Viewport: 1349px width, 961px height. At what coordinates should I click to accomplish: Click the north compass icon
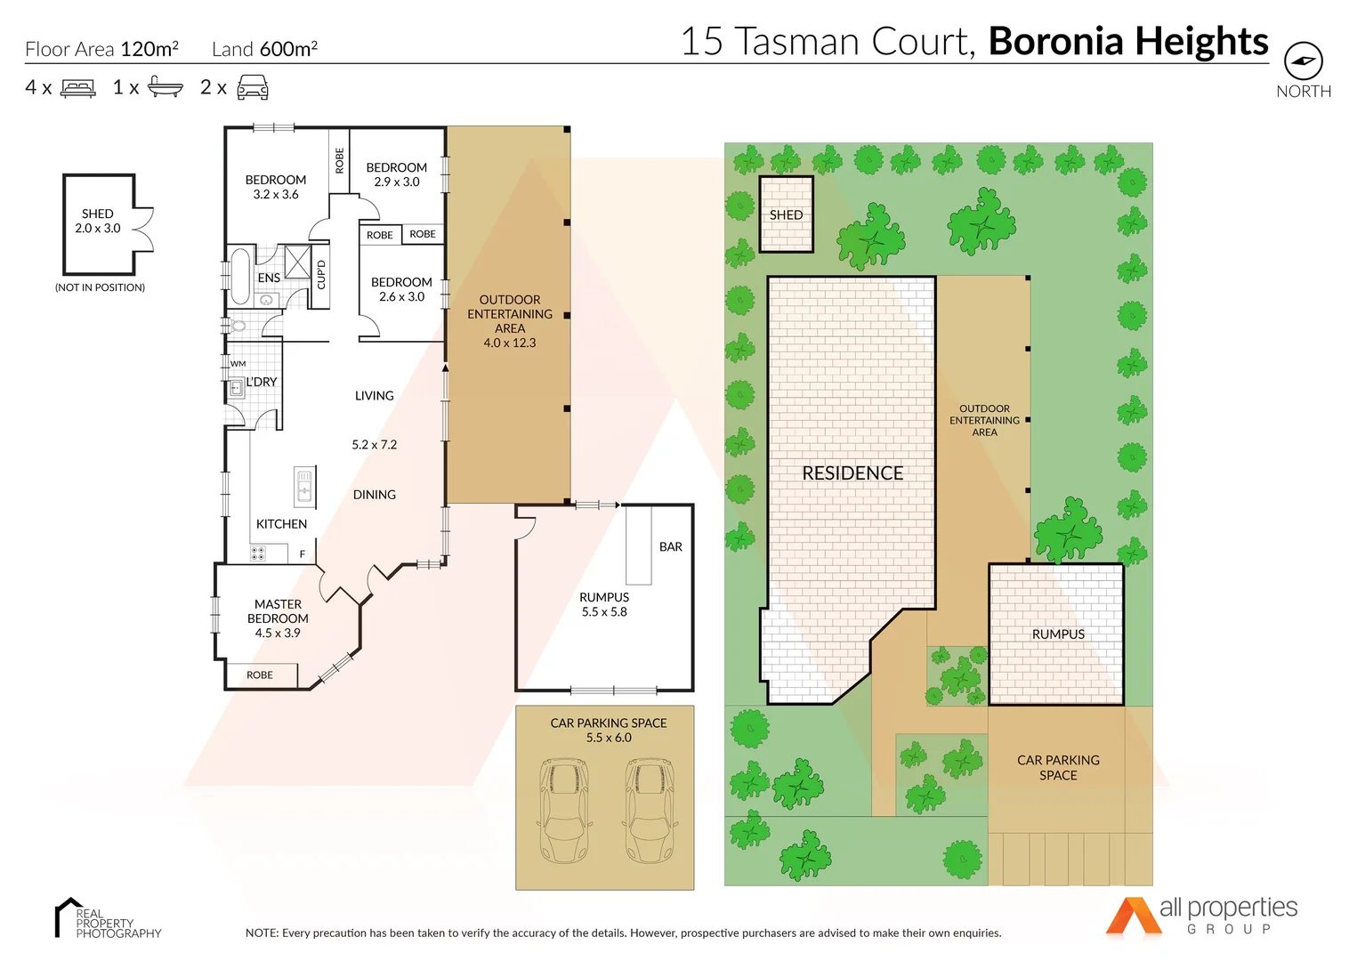click(x=1303, y=61)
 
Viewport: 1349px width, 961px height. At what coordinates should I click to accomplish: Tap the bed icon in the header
click(x=78, y=88)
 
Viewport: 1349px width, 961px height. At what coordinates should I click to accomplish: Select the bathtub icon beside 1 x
click(x=165, y=87)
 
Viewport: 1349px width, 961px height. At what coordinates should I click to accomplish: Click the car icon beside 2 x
click(x=253, y=87)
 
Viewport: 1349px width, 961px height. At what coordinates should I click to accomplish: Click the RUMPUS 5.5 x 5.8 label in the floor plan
click(x=604, y=604)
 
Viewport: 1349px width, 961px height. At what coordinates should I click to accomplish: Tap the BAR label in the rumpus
click(x=671, y=547)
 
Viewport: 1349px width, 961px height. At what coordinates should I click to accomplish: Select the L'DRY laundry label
click(x=262, y=382)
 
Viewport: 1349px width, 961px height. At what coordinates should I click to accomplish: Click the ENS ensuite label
click(x=269, y=278)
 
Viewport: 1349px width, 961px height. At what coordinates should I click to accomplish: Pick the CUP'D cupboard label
click(x=321, y=275)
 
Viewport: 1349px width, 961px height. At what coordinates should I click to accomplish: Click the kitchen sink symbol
click(x=304, y=487)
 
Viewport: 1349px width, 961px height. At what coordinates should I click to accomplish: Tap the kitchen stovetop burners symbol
click(x=258, y=553)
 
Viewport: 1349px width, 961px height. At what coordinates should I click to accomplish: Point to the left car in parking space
click(x=564, y=810)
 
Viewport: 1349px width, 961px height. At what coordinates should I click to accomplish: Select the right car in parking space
click(x=650, y=810)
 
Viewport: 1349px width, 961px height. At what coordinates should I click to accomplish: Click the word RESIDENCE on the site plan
click(x=852, y=473)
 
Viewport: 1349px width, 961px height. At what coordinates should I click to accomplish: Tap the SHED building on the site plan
click(x=786, y=214)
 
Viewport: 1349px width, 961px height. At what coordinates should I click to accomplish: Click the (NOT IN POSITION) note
click(x=100, y=287)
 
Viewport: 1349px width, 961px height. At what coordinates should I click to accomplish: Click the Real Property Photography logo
click(x=107, y=919)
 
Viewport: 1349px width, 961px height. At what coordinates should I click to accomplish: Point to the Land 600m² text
click(x=264, y=49)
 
